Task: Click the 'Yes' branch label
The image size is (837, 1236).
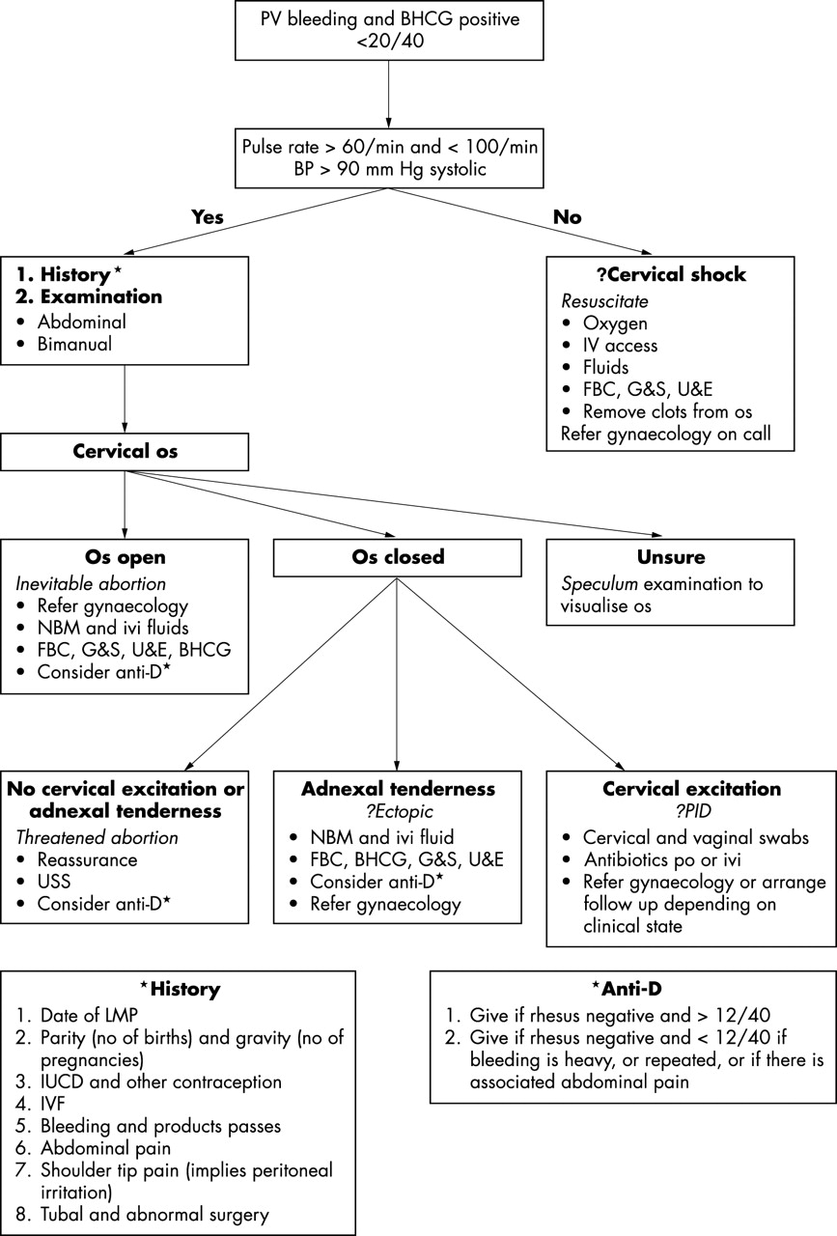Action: pyautogui.click(x=207, y=218)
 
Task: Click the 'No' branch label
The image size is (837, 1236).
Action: pyautogui.click(x=567, y=218)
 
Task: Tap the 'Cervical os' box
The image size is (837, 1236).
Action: pyautogui.click(x=125, y=452)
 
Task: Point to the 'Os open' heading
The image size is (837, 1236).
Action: pyautogui.click(x=125, y=558)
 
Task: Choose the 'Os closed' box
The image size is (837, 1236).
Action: pyautogui.click(x=398, y=557)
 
